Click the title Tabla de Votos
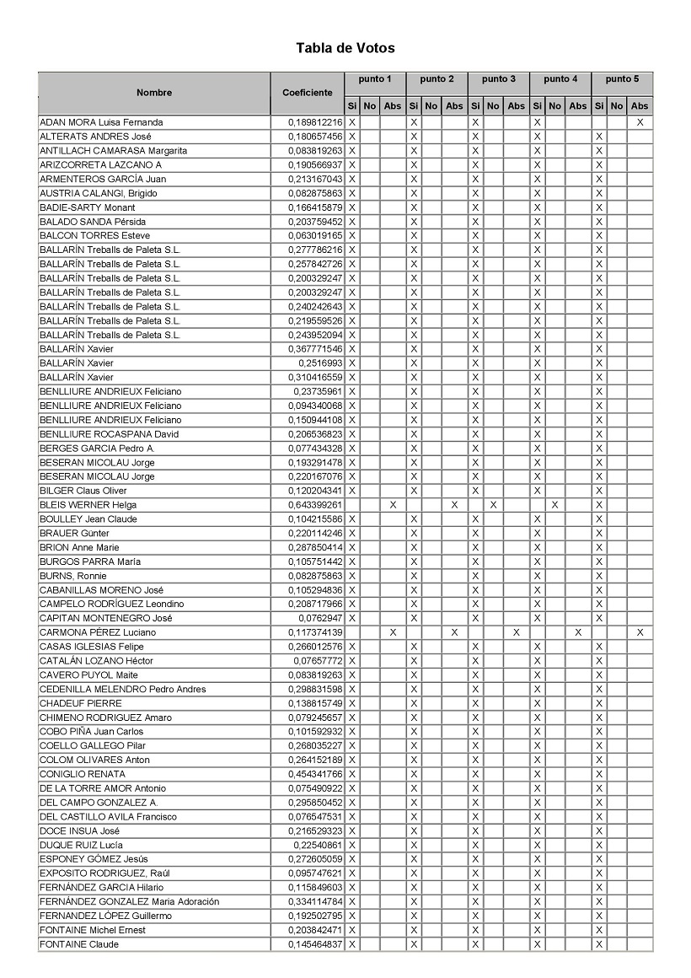click(345, 48)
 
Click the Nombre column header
click(154, 93)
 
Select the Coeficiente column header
click(308, 93)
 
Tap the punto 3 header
click(499, 79)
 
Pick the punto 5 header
click(622, 79)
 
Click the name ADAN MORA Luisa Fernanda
click(101, 122)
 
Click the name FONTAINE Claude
click(79, 944)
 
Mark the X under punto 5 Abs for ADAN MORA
click(640, 122)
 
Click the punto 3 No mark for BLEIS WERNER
click(494, 505)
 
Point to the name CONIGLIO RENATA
click(83, 774)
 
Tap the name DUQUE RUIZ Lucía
click(82, 845)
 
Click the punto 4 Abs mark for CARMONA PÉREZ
click(578, 632)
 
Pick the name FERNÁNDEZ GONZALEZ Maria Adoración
click(130, 901)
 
